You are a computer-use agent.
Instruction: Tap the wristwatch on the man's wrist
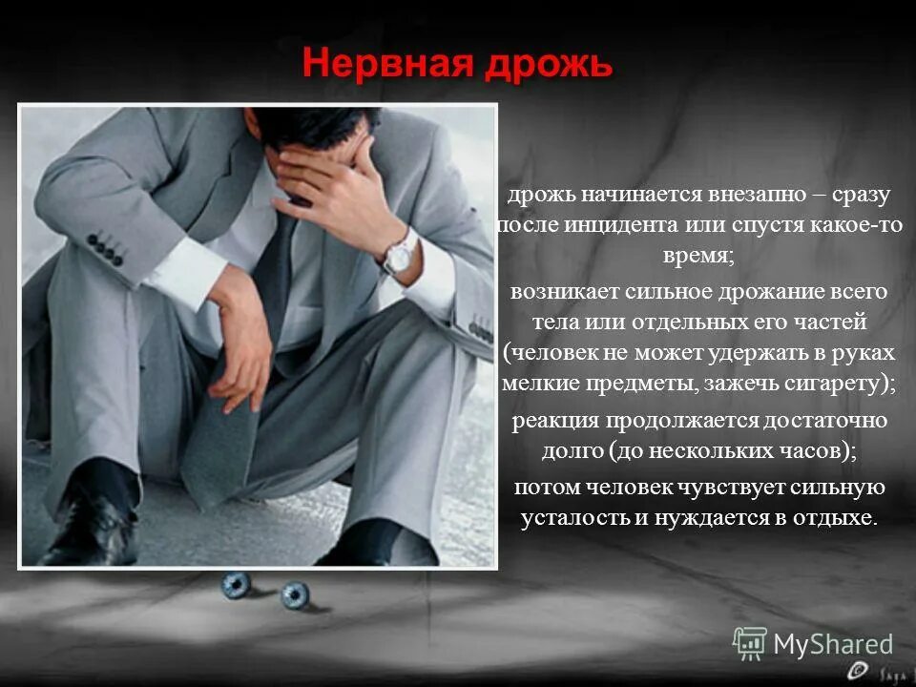pyautogui.click(x=399, y=251)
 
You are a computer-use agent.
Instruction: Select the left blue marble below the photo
pyautogui.click(x=236, y=584)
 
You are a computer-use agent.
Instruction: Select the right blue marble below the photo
pyautogui.click(x=295, y=595)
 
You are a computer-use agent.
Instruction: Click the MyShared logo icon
pyautogui.click(x=750, y=644)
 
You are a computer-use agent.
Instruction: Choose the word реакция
pyautogui.click(x=554, y=421)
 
